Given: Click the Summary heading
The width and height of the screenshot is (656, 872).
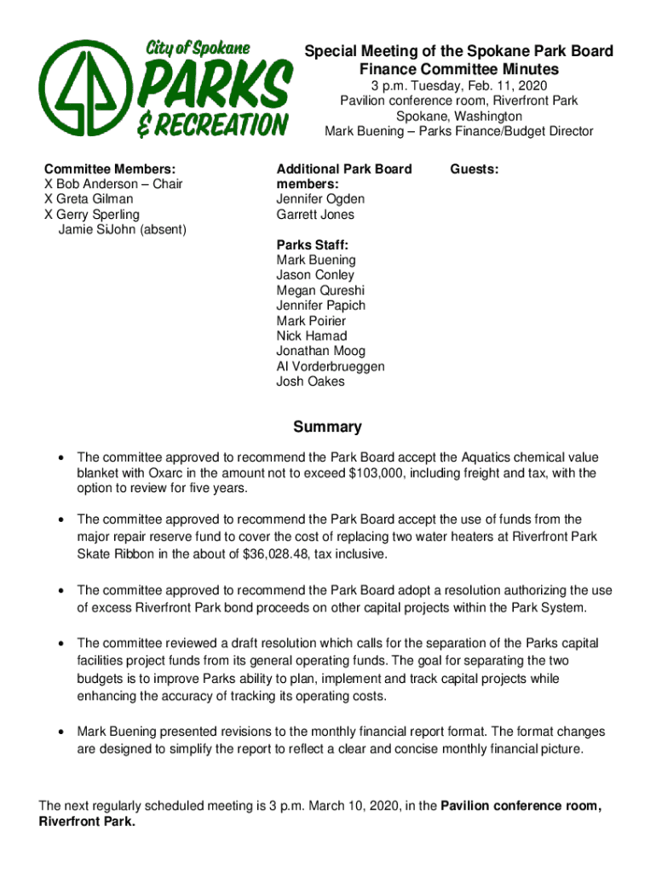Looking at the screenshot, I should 328,427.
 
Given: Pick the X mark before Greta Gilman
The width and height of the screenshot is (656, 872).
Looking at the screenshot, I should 49,199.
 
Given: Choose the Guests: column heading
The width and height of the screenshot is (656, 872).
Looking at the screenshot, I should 475,169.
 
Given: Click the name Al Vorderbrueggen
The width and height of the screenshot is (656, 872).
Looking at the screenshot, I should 330,366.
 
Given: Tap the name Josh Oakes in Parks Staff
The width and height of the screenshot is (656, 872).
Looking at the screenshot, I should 310,381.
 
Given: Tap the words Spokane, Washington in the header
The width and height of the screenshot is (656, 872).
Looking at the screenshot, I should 458,116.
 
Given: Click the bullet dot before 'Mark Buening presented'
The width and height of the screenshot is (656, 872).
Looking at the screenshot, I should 60,732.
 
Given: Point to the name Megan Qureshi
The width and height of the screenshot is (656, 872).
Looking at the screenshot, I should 319,290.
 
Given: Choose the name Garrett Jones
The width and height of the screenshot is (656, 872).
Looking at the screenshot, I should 315,215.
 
